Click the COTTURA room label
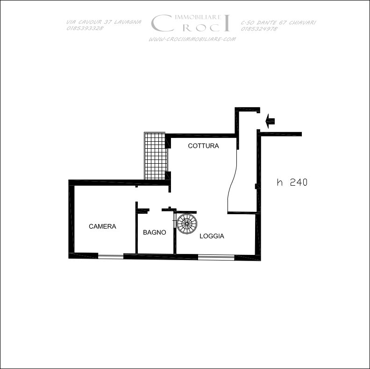(203, 146)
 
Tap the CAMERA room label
(102, 226)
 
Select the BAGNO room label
(155, 232)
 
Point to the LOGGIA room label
(212, 236)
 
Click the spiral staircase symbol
(187, 224)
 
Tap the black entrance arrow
(270, 121)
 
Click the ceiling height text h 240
(292, 182)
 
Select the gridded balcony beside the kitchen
(156, 156)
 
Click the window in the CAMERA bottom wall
(111, 256)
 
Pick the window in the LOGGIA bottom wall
(216, 257)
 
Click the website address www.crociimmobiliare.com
(192, 39)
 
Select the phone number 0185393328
(85, 28)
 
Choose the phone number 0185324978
(259, 29)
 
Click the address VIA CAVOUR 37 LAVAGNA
(104, 22)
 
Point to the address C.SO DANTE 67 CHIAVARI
(278, 22)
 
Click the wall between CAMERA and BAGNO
(136, 228)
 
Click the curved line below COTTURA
(232, 181)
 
